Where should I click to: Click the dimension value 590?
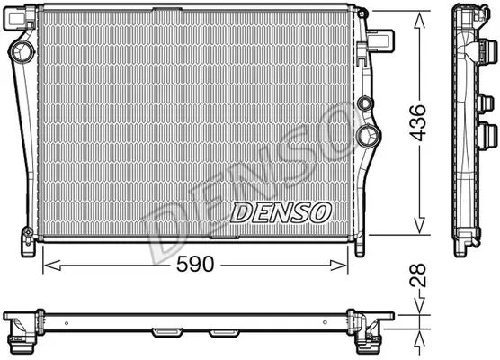[195, 265]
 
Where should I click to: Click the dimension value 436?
[418, 122]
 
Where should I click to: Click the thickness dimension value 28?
[418, 274]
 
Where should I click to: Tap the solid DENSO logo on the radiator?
[281, 212]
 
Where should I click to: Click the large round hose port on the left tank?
[22, 51]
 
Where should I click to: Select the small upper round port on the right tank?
[365, 103]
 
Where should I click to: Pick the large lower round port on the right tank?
[369, 136]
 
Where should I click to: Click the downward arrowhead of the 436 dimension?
[419, 225]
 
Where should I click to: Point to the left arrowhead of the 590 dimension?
[52, 265]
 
